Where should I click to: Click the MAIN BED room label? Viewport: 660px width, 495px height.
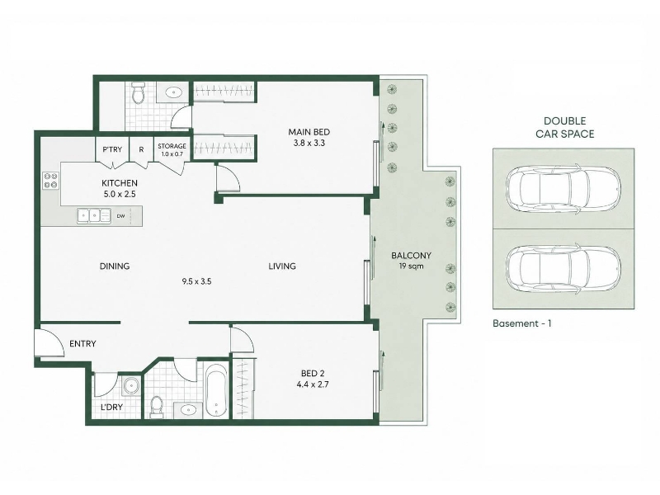309,132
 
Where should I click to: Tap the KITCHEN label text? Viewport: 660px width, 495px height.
120,183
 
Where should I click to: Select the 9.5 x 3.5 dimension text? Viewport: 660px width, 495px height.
196,281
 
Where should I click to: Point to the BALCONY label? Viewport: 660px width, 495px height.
411,256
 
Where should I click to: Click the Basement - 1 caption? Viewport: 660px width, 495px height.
522,323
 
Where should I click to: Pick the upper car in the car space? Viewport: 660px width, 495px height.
563,189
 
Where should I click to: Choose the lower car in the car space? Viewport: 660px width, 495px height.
563,270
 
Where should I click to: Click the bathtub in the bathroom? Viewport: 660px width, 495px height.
217,390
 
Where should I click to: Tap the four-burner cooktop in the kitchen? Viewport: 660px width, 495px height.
51,181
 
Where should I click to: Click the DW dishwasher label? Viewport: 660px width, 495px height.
120,216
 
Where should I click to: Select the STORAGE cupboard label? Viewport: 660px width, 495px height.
172,146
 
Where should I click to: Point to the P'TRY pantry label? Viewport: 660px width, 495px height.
112,149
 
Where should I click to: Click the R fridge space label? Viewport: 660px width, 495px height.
141,149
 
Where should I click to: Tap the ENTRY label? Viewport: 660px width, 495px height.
82,344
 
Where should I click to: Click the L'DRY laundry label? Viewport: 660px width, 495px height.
111,407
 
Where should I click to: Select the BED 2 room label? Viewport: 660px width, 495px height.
313,374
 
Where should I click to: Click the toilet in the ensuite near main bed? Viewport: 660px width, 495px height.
138,92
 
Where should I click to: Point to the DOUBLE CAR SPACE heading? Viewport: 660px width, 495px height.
564,128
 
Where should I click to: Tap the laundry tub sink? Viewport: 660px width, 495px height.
131,385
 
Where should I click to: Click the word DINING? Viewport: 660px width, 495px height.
115,266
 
